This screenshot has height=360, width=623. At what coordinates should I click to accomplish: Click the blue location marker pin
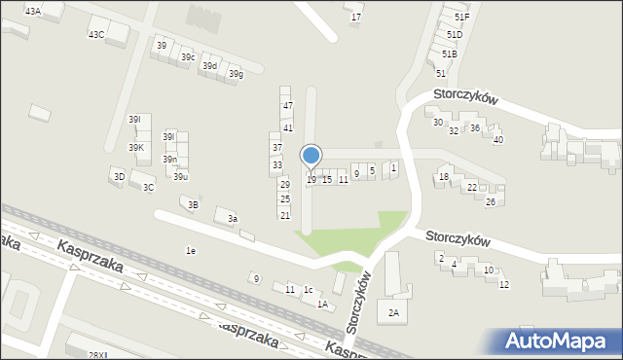click(x=311, y=156)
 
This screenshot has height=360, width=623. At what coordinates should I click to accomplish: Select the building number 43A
click(x=33, y=11)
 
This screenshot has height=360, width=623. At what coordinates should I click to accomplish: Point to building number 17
click(x=356, y=17)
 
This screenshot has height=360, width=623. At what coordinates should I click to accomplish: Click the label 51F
click(x=461, y=18)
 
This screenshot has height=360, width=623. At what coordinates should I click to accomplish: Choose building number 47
click(x=287, y=105)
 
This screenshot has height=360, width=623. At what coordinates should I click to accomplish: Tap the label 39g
click(x=236, y=74)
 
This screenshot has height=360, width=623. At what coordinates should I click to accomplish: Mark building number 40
click(x=497, y=140)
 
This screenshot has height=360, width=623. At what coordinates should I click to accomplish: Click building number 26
click(x=491, y=201)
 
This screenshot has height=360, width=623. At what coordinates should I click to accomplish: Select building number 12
click(x=504, y=284)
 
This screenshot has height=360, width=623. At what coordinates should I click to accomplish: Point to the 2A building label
click(x=394, y=312)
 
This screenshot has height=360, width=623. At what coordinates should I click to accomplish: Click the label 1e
click(x=191, y=251)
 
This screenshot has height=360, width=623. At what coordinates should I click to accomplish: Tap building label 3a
click(x=233, y=219)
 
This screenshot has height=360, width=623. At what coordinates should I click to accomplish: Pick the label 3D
click(x=119, y=176)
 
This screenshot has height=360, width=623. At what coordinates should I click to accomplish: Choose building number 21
click(x=285, y=215)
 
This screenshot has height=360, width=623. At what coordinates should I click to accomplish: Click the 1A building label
click(x=321, y=304)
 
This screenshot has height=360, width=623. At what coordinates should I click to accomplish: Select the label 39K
click(x=136, y=147)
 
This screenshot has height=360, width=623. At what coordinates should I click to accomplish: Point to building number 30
click(x=438, y=123)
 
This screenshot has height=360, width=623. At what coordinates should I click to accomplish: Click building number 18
click(x=444, y=177)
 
